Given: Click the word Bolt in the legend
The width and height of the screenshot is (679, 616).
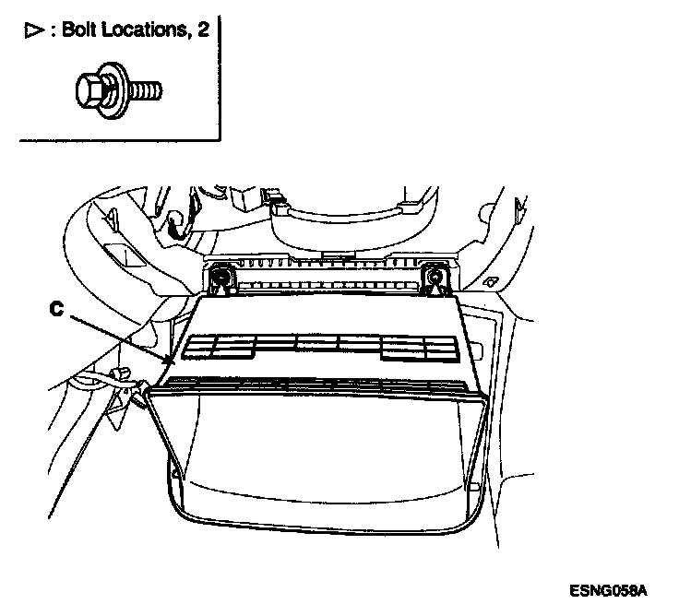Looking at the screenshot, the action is pyautogui.click(x=80, y=31).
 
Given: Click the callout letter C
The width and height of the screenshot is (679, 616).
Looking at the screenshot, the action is pyautogui.click(x=56, y=311).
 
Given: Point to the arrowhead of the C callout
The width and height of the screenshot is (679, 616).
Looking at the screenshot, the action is pyautogui.click(x=169, y=361).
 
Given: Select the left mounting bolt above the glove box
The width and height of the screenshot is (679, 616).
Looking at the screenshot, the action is pyautogui.click(x=221, y=274).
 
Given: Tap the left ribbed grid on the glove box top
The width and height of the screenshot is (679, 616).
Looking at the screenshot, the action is pyautogui.click(x=219, y=346).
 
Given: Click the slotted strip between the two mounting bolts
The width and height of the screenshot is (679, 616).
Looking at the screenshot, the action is pyautogui.click(x=328, y=275).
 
